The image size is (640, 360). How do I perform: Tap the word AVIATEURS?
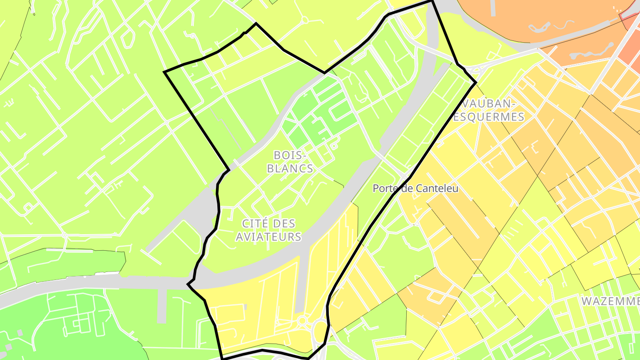coord(268,237)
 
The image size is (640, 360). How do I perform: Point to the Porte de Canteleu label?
coord(415,188)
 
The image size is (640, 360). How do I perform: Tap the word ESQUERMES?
coord(489,117)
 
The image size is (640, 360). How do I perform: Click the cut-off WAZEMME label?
coord(611,301)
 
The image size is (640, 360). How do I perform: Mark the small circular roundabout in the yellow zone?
coord(302,320)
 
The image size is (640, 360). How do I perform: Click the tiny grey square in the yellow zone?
coord(245,307)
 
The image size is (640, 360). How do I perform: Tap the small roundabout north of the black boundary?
coord(305,20)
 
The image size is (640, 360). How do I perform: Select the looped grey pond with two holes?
coord(540,27)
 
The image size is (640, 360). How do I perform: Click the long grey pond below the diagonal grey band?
coord(591,51)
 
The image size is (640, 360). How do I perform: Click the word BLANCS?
coord(293,168)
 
